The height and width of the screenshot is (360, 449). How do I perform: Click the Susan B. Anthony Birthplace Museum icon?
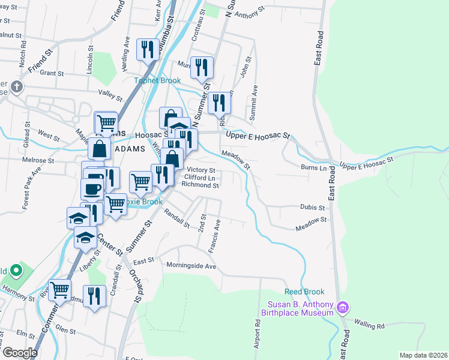(343, 308)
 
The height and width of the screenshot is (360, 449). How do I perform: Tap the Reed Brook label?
(304, 292)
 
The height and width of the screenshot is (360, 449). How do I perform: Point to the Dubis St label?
(312, 208)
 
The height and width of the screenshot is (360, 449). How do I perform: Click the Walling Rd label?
(372, 326)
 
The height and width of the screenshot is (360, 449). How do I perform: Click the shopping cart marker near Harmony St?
(60, 290)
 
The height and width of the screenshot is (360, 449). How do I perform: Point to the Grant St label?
(52, 73)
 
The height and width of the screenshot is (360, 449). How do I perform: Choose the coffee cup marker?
(91, 188)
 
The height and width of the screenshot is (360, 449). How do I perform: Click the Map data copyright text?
(423, 355)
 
